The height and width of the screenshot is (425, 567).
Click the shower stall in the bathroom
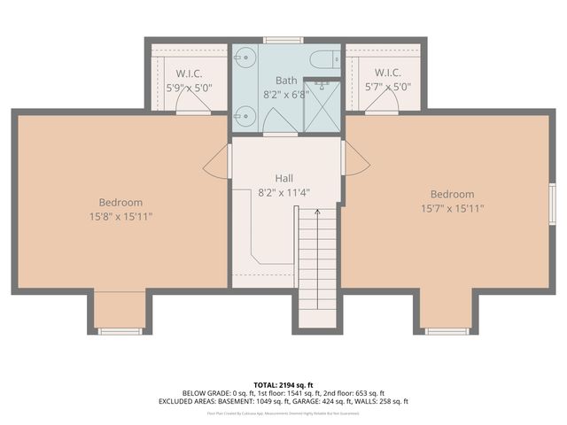[x=321, y=108]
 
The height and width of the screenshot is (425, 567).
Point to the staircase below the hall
[x=317, y=266]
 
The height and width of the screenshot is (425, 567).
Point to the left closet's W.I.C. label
[x=190, y=73]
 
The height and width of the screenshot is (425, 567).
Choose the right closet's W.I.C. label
[x=387, y=73]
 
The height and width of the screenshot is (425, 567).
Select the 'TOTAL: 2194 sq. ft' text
[x=283, y=385]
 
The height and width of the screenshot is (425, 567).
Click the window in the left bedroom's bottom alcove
[x=120, y=331]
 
